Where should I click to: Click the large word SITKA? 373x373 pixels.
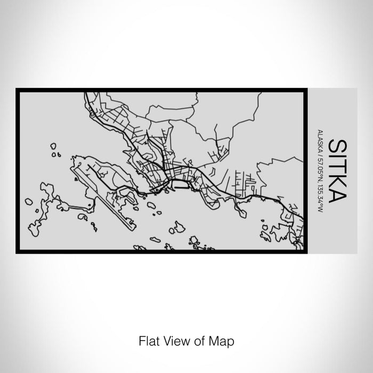click(x=338, y=170)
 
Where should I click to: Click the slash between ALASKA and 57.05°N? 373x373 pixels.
click(x=319, y=156)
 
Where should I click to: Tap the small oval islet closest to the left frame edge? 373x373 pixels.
click(x=28, y=201)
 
